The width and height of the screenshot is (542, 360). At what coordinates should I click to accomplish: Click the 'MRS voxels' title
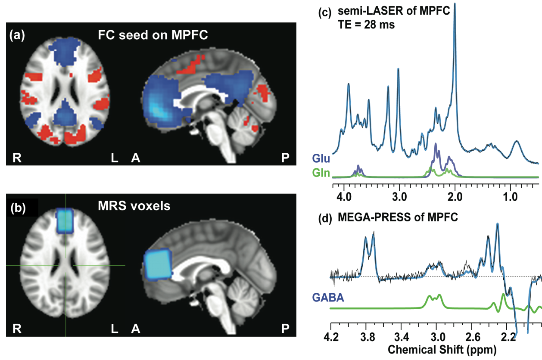(134, 206)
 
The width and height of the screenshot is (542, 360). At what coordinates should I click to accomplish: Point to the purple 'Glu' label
(322, 159)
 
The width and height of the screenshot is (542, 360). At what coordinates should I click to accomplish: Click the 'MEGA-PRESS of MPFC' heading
(392, 218)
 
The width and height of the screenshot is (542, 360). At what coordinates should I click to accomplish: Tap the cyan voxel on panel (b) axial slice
(65, 220)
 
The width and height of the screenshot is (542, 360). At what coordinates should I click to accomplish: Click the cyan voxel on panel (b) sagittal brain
(158, 265)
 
